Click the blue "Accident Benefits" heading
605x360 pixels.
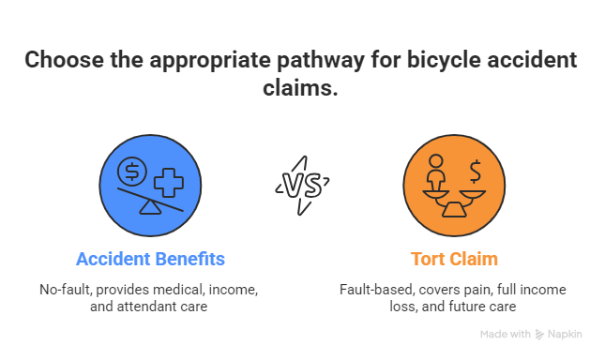[150, 257]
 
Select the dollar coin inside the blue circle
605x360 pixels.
[130, 172]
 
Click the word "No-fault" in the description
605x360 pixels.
[61, 290]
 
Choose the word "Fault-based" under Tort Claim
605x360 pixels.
[372, 290]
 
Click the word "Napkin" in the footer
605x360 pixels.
[566, 334]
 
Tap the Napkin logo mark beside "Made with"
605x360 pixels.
[541, 334]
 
